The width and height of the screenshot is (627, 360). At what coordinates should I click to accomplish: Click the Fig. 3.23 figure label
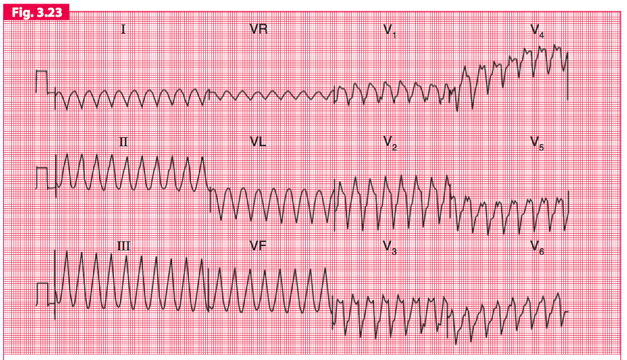pyautogui.click(x=36, y=11)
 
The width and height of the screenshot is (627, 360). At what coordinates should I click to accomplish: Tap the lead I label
pyautogui.click(x=123, y=29)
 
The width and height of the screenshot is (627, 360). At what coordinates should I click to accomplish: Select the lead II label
pyautogui.click(x=124, y=142)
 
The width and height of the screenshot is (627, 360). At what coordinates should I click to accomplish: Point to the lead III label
pyautogui.click(x=124, y=246)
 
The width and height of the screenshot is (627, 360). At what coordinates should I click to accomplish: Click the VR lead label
pyautogui.click(x=259, y=29)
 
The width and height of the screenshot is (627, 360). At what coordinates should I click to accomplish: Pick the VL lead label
pyautogui.click(x=258, y=142)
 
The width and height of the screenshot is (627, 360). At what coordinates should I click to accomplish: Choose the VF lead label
pyautogui.click(x=258, y=246)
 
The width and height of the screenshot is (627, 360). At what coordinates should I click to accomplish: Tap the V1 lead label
pyautogui.click(x=389, y=30)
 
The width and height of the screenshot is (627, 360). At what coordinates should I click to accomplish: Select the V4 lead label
pyautogui.click(x=537, y=30)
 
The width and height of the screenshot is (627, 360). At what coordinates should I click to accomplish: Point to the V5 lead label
pyautogui.click(x=537, y=143)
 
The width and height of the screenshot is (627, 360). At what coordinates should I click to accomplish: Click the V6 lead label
pyautogui.click(x=537, y=247)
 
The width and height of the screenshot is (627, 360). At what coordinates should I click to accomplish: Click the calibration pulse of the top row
pyautogui.click(x=42, y=81)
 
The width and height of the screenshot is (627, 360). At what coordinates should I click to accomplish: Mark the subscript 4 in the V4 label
pyautogui.click(x=541, y=35)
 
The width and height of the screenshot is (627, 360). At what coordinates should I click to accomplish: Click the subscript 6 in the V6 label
pyautogui.click(x=541, y=252)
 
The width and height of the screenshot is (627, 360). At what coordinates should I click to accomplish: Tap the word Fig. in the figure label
pyautogui.click(x=21, y=11)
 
